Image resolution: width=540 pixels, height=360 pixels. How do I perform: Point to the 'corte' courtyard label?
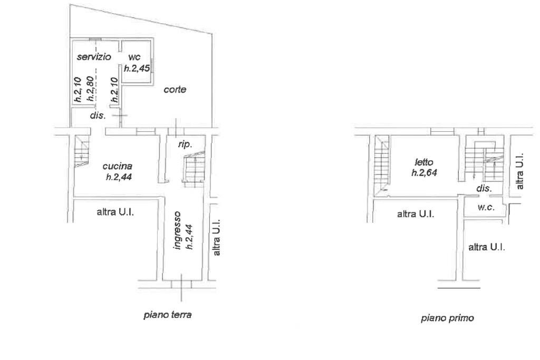click(x=175, y=90)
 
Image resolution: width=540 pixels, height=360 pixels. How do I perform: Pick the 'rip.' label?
click(x=185, y=143)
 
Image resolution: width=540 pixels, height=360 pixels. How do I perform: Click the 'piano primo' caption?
click(x=440, y=318)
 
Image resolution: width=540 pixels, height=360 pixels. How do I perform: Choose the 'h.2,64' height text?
click(x=426, y=172)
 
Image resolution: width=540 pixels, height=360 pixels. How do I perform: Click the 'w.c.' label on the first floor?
click(x=485, y=208)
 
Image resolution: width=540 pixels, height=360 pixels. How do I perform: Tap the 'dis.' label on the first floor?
click(x=484, y=188)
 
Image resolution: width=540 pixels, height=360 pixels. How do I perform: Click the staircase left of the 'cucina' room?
click(x=82, y=150)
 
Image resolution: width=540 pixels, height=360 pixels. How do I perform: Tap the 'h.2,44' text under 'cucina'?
click(x=118, y=178)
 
